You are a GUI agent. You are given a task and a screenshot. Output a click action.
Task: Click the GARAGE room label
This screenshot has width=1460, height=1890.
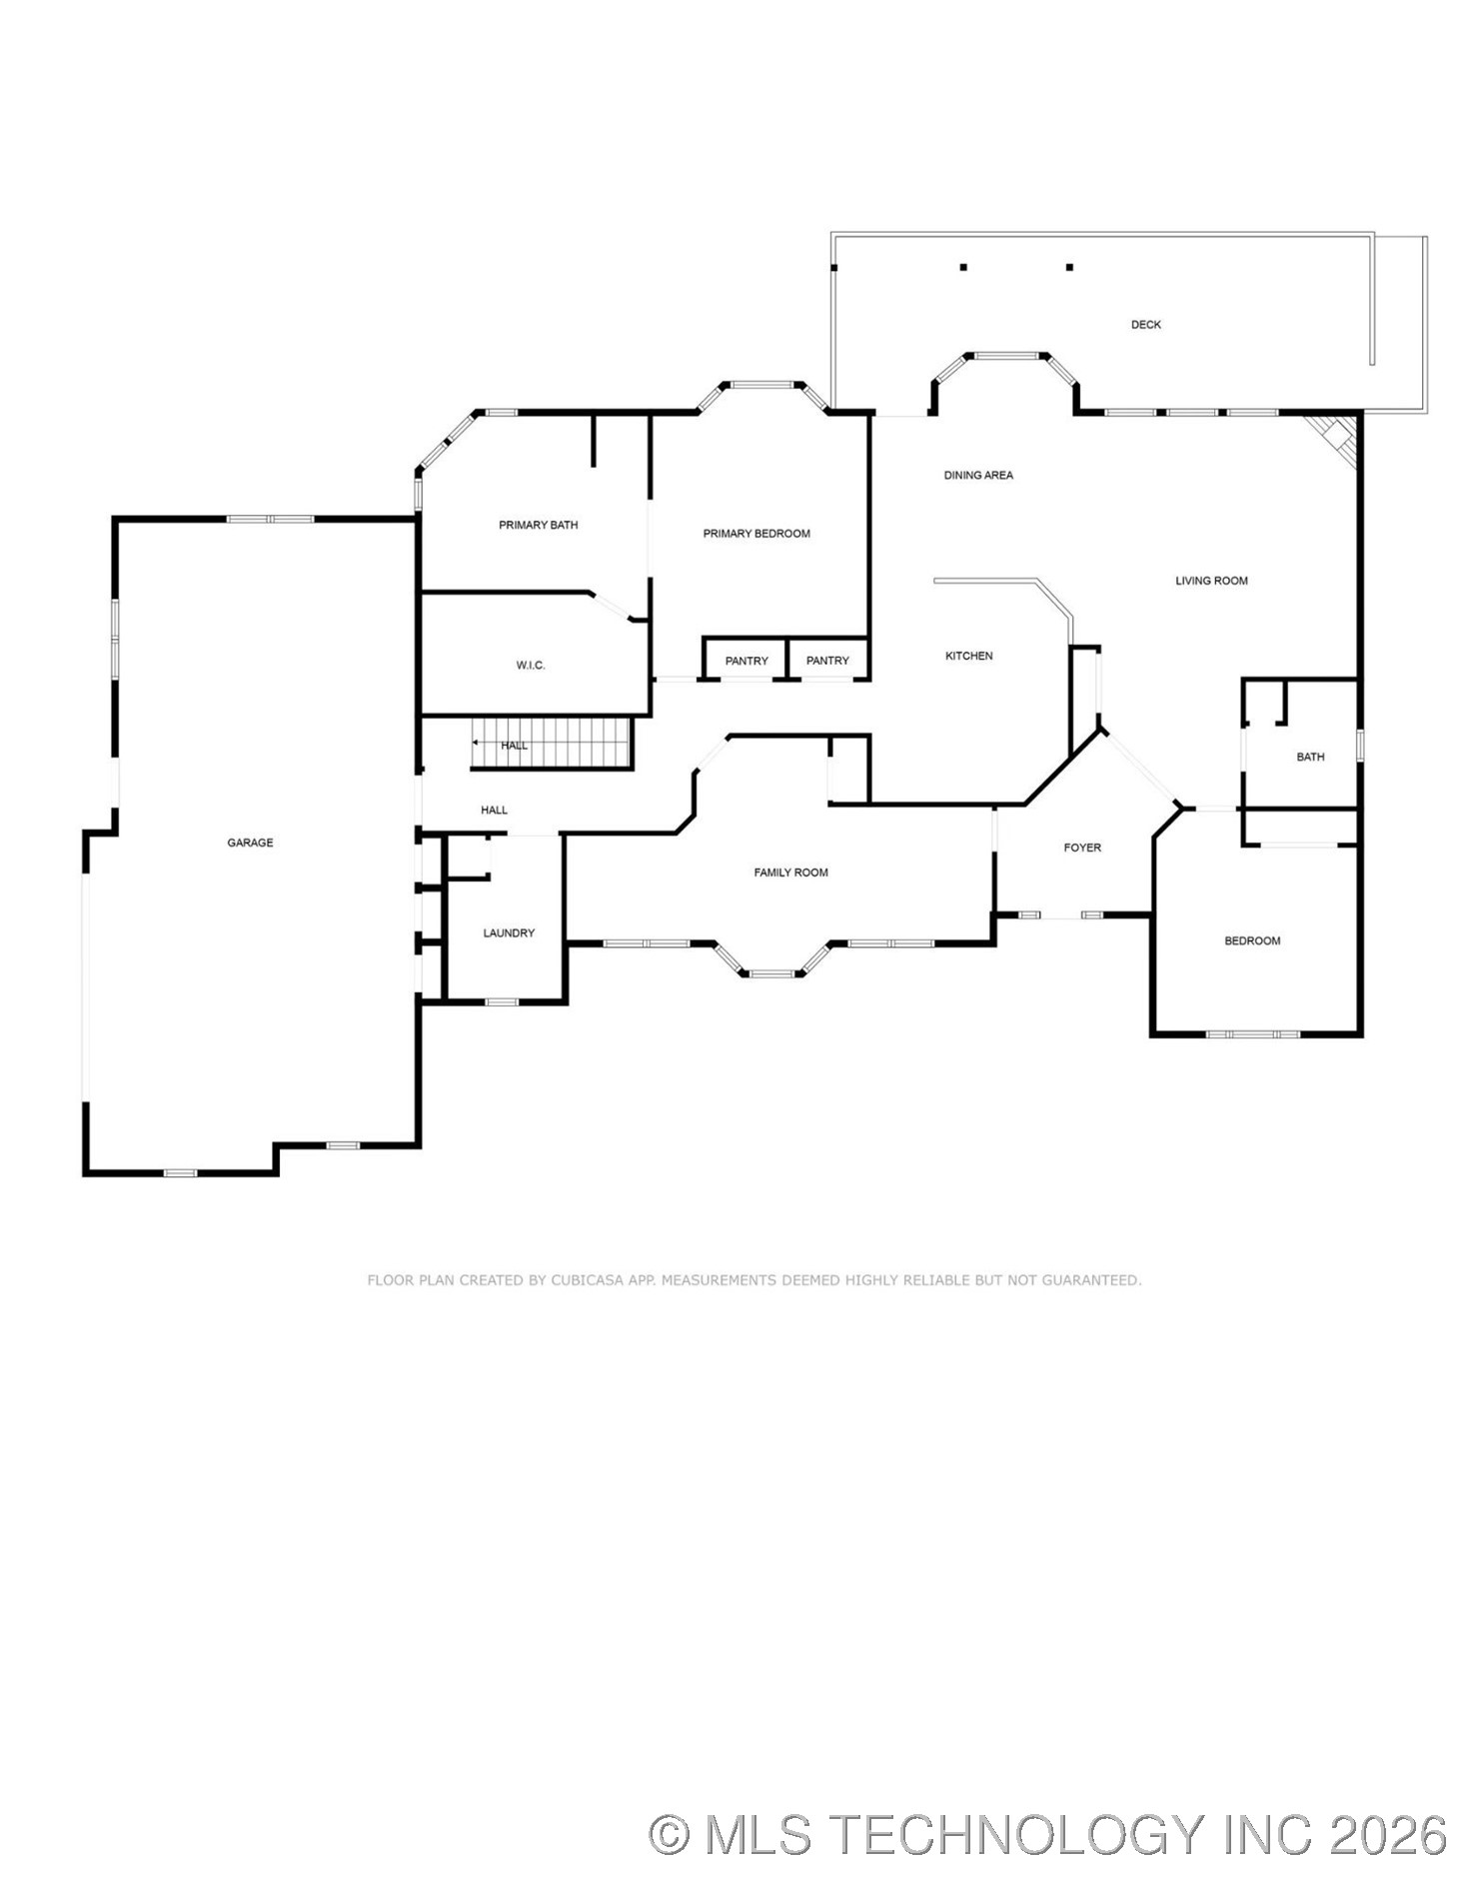pos(250,843)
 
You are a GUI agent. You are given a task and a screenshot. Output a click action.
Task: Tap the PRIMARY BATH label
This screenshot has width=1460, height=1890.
pos(538,525)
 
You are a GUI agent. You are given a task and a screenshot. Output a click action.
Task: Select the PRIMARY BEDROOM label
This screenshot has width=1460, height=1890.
pos(755,534)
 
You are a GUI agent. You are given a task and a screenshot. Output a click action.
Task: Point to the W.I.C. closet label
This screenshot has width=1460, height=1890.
pos(531,666)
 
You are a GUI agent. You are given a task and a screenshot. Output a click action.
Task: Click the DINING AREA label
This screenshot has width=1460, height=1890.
pos(977,476)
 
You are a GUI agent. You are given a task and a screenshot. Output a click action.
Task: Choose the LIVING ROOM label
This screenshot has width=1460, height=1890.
pos(1210,581)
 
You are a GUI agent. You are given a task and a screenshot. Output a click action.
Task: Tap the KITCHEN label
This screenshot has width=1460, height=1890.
pos(968,656)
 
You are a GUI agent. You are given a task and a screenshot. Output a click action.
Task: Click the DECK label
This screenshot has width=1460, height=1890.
pos(1145,325)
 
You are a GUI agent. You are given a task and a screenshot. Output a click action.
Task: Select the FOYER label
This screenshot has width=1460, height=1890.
pos(1081,848)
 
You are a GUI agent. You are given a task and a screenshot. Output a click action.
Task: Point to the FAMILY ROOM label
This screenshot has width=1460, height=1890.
pos(790,873)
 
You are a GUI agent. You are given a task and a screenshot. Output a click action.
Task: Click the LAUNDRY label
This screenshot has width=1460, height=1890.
pos(509,934)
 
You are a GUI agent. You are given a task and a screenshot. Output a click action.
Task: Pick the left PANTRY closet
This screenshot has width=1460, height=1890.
pos(746,661)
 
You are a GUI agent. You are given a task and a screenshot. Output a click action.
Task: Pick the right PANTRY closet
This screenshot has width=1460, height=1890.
pos(827,661)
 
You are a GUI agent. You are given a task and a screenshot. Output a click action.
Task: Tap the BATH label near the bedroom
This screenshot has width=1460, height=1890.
pos(1309,757)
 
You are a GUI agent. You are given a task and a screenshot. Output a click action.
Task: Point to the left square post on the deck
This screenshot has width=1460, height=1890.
pos(963,267)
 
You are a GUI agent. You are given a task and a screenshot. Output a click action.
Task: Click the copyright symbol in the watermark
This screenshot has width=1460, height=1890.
pos(670,1835)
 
